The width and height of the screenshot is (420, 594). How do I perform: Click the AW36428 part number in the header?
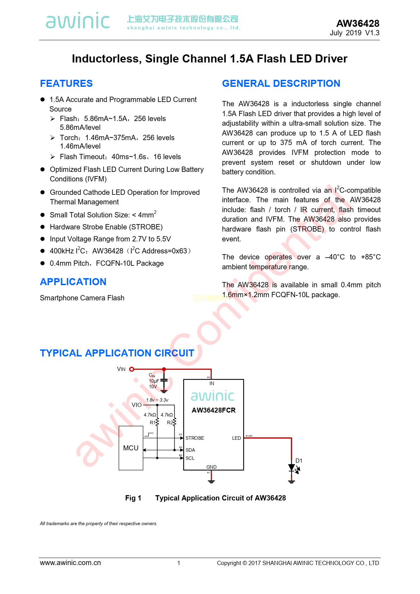click(358, 23)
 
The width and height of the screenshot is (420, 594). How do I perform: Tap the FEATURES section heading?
click(66, 83)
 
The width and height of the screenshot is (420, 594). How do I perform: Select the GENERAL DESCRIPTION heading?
click(281, 83)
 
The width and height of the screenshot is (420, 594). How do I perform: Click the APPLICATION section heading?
click(73, 282)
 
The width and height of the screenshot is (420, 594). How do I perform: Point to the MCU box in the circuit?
click(131, 448)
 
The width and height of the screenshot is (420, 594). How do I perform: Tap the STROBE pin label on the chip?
click(194, 438)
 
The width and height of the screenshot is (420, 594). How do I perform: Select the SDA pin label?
click(190, 450)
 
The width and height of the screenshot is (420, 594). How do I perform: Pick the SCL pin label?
click(190, 458)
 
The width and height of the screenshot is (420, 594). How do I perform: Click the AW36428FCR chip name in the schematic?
click(214, 410)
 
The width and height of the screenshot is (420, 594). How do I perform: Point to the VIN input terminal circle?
click(132, 369)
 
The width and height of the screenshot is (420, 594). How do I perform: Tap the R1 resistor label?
click(152, 422)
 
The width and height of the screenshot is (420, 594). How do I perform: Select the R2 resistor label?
click(170, 422)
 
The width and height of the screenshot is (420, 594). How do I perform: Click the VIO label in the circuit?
click(137, 405)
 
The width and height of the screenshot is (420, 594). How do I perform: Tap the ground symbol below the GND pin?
click(211, 481)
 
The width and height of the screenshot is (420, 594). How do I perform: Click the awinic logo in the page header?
click(78, 20)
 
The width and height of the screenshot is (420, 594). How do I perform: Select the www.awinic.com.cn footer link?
click(70, 563)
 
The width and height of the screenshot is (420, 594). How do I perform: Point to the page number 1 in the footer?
click(179, 563)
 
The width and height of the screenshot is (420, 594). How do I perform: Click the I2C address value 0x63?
click(180, 251)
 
